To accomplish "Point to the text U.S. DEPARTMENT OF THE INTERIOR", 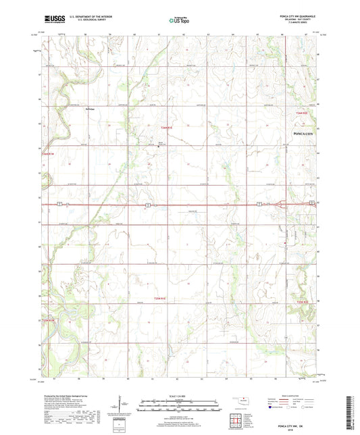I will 96,16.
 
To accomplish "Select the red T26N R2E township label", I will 301,113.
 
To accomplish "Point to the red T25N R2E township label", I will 301,301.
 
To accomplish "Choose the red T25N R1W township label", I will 47,319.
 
